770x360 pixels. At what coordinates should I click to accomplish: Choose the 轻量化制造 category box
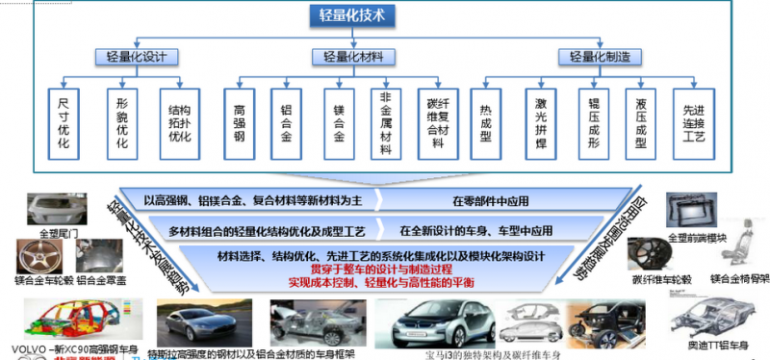[601, 57]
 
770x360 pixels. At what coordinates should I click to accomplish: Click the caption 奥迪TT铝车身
[717, 345]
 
